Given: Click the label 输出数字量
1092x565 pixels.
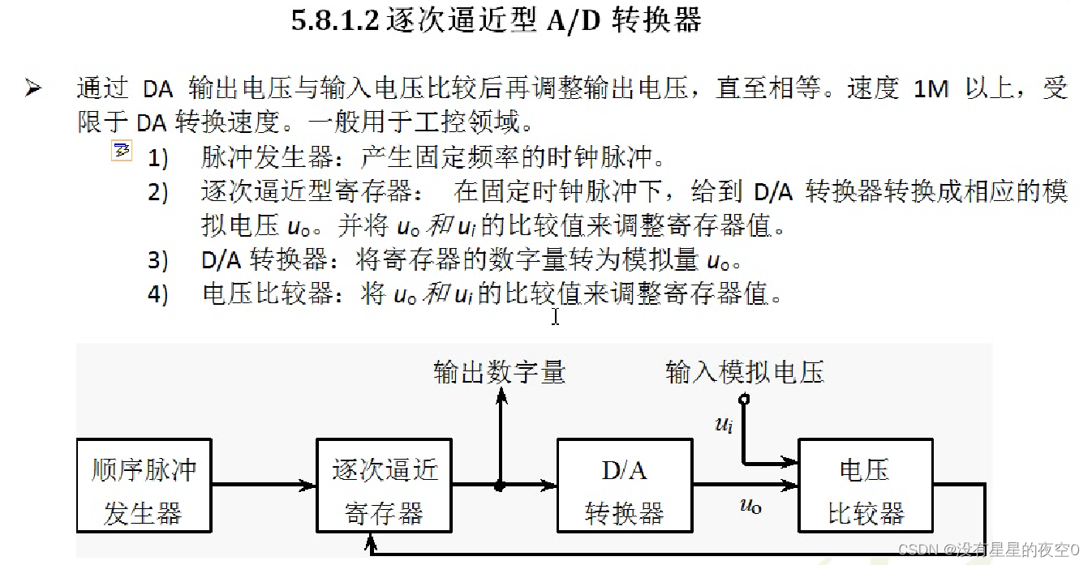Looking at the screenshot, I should tap(499, 372).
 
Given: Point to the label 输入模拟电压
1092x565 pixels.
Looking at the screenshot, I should tap(744, 372).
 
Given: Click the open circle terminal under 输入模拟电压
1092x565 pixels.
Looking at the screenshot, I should tap(743, 399).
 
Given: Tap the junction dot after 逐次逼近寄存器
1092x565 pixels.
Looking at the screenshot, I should tap(500, 486).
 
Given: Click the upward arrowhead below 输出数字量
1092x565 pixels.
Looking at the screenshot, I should tap(500, 394).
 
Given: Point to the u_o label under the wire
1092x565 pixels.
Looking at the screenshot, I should tap(750, 506).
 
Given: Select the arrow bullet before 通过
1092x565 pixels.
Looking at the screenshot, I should tap(33, 88).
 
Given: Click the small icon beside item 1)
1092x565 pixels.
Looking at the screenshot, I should tap(122, 151).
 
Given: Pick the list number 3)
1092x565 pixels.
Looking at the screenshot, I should tap(157, 261).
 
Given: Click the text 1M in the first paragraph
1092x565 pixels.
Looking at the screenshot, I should tap(931, 88).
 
